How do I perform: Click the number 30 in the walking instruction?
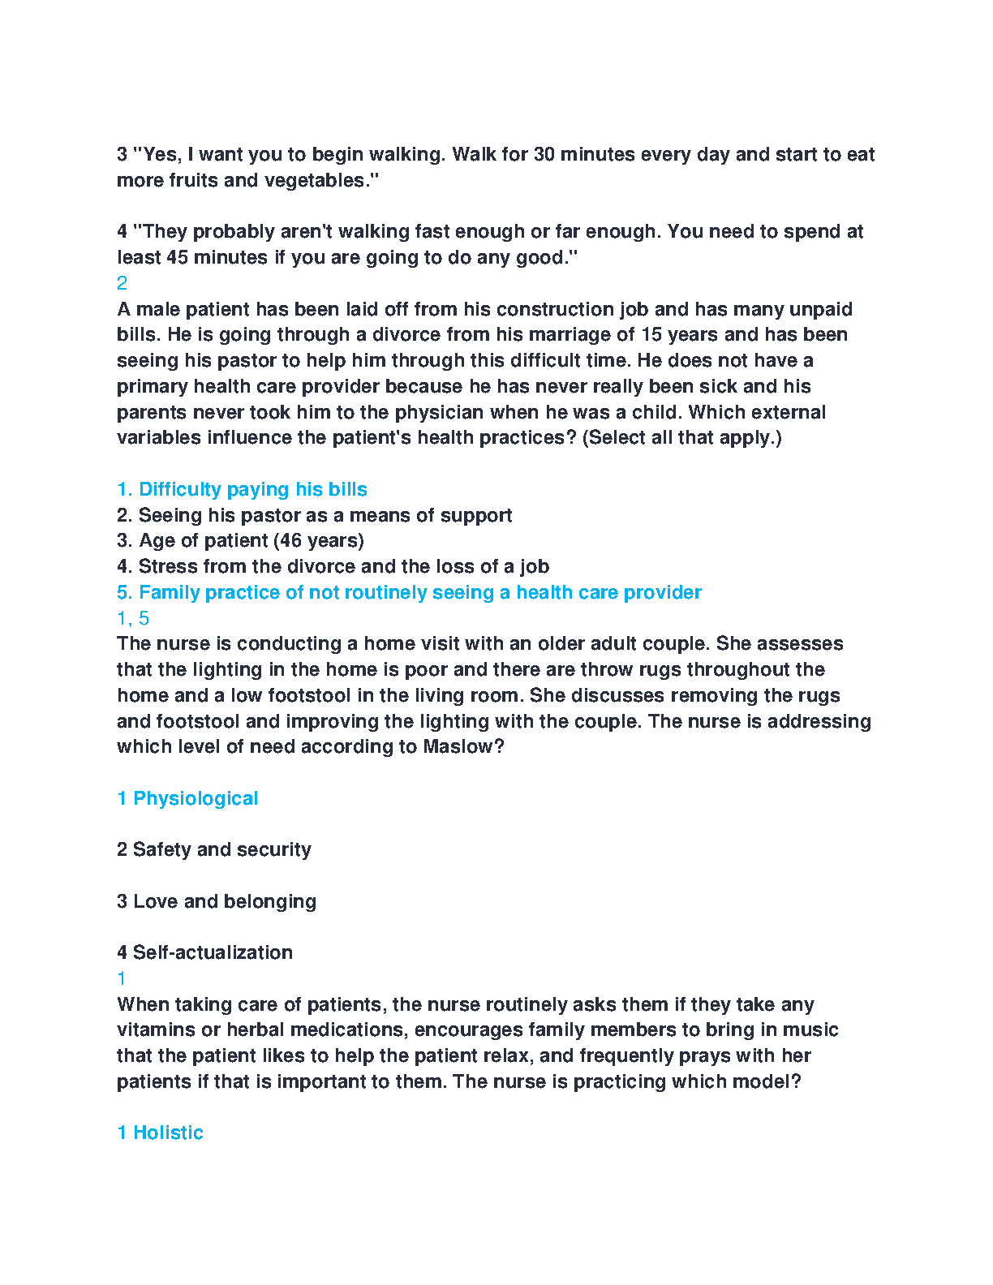544,154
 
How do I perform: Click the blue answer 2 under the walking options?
123,283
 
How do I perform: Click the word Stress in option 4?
165,566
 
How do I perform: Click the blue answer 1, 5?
133,618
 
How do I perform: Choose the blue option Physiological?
196,798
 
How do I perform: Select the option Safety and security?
221,849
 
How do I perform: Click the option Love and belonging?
224,901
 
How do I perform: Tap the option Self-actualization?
213,952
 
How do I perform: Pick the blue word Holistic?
168,1132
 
